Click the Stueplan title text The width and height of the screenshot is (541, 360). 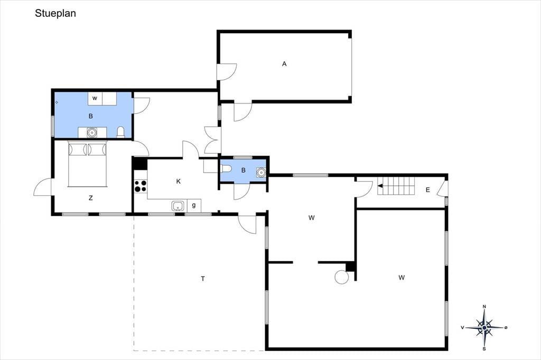[x=55, y=13]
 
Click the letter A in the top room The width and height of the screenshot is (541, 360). [x=284, y=64]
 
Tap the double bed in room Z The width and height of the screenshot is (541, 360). [x=87, y=164]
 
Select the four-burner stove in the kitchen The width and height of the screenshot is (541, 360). [x=141, y=186]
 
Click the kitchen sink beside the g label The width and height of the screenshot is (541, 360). [x=178, y=206]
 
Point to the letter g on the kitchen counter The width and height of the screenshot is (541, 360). [x=194, y=205]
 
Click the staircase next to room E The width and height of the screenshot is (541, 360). [x=396, y=186]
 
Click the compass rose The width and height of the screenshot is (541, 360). [x=484, y=328]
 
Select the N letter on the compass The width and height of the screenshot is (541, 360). [x=484, y=307]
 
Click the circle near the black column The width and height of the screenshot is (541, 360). [x=342, y=277]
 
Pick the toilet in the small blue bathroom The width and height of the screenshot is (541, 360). [x=226, y=169]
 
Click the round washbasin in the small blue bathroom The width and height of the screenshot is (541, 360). [x=261, y=172]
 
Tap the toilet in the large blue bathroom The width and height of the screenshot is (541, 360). [x=120, y=132]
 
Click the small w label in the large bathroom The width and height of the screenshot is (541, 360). [x=95, y=98]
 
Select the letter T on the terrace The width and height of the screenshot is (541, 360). [x=203, y=279]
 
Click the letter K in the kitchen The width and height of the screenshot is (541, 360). [x=179, y=182]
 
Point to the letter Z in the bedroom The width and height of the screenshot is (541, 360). [x=91, y=198]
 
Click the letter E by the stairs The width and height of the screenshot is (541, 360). [x=428, y=190]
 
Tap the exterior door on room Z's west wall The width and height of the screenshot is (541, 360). [x=43, y=187]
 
